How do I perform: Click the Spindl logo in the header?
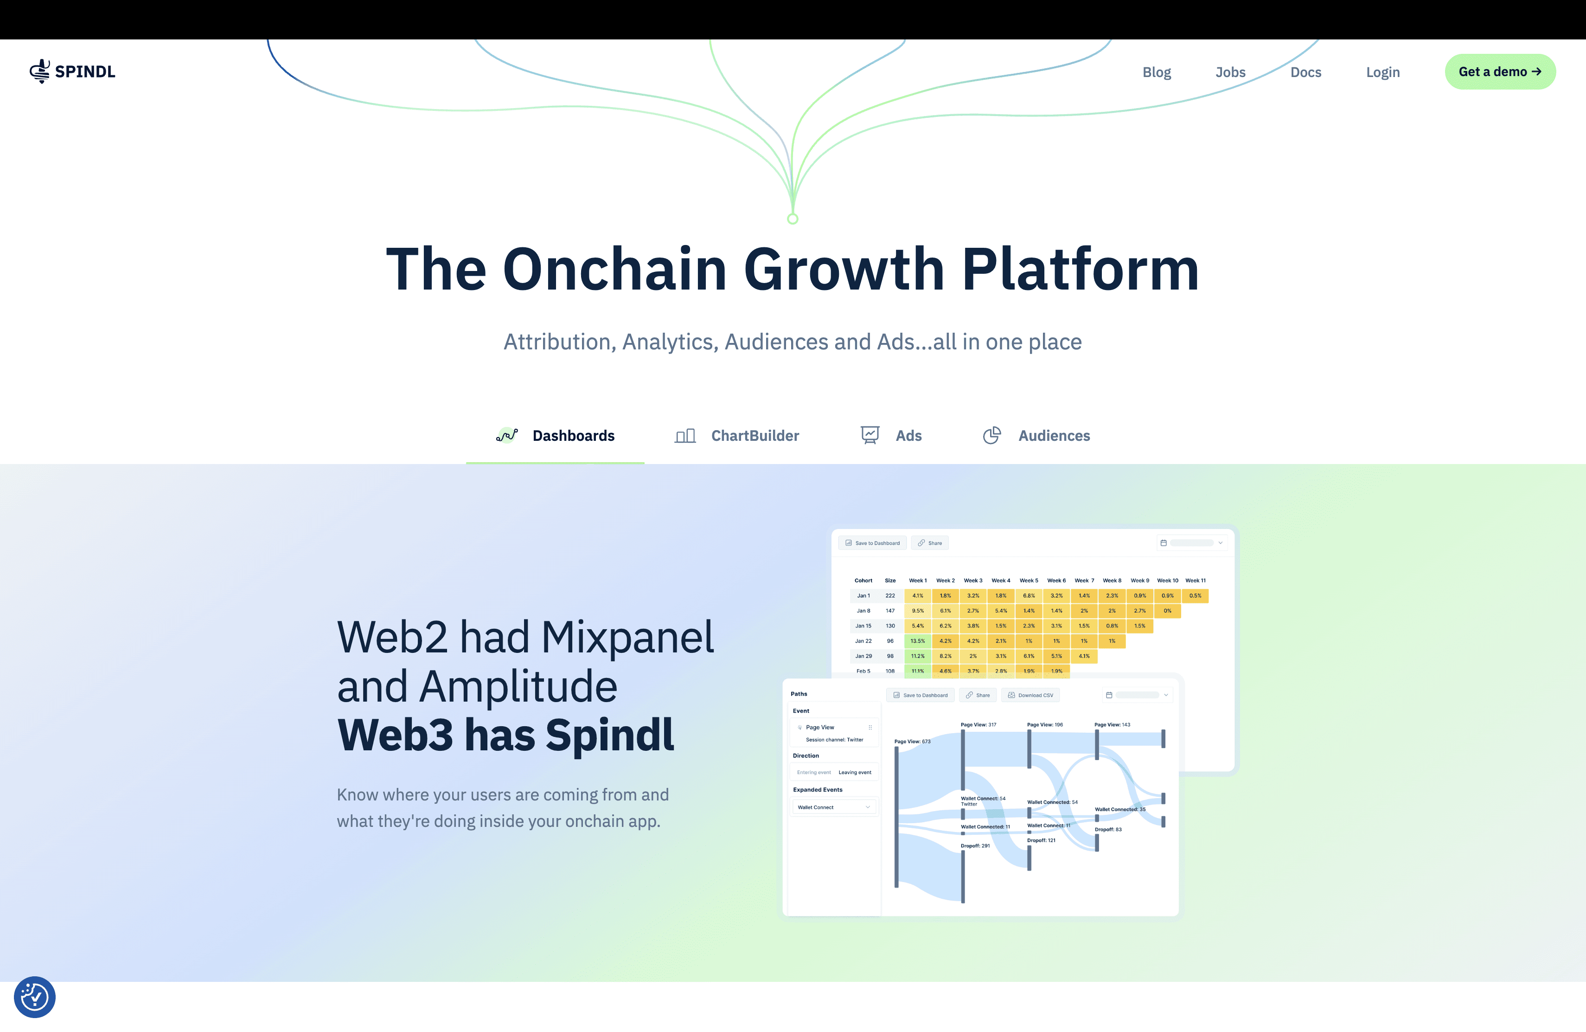(x=72, y=71)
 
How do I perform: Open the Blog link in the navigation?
(x=1156, y=72)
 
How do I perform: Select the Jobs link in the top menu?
(x=1230, y=72)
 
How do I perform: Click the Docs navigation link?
(x=1305, y=72)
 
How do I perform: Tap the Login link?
(x=1383, y=72)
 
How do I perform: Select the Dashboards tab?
(x=556, y=435)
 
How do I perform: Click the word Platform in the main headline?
(x=1080, y=269)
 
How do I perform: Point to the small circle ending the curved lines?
(x=793, y=219)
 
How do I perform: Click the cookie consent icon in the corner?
(x=35, y=997)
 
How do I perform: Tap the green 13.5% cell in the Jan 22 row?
(x=918, y=641)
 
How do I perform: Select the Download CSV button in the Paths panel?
(x=1030, y=695)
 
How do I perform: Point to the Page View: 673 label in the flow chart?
(x=912, y=742)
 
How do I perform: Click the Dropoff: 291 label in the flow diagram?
(x=975, y=845)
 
